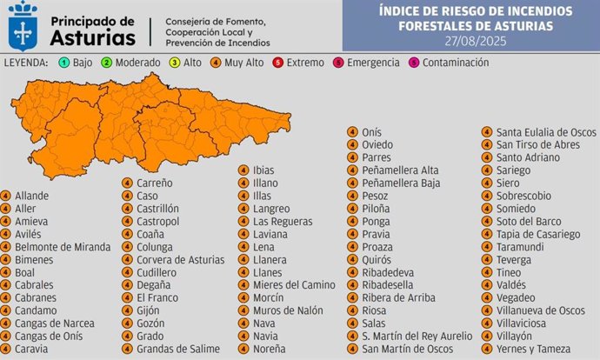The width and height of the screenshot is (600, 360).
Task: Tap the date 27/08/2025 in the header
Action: [474, 41]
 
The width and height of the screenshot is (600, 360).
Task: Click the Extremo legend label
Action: [304, 63]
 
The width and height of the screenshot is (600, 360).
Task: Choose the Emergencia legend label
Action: [373, 63]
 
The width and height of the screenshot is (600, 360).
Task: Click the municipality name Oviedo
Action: [377, 144]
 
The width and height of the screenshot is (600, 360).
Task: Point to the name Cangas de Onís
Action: [53, 336]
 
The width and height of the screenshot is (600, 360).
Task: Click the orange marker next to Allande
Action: [6, 196]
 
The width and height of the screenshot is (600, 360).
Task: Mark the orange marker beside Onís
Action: [352, 132]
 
